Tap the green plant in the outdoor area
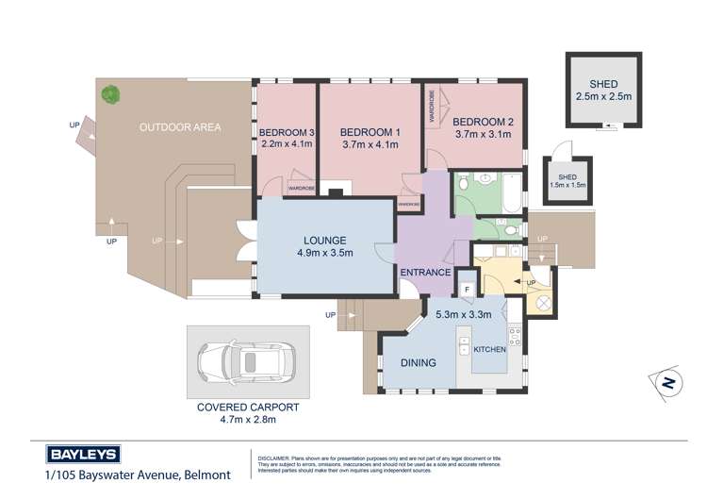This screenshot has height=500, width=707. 111,94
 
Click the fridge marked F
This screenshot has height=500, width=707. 467,289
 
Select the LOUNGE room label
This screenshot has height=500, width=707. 324,241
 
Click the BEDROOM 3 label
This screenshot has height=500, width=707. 286,132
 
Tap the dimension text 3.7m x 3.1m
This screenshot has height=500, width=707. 483,135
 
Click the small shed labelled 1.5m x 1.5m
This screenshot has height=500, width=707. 567,180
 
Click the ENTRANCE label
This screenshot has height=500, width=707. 425,273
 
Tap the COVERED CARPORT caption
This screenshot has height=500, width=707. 248,407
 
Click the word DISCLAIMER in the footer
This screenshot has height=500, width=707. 276,455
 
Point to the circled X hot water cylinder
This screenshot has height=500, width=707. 545,304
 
